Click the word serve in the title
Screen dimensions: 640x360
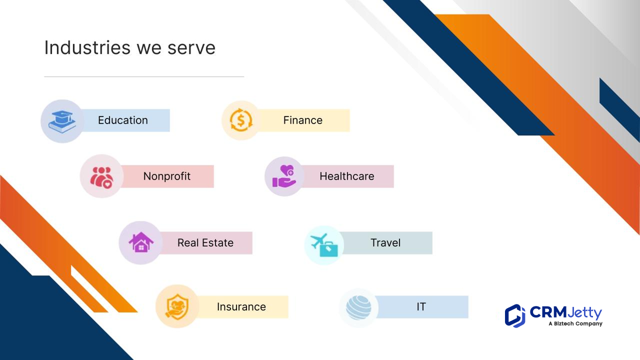tap(191, 48)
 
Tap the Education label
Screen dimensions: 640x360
tap(123, 120)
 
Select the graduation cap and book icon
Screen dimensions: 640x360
tap(62, 121)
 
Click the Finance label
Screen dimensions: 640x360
tap(303, 120)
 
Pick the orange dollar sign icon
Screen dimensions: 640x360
tap(241, 120)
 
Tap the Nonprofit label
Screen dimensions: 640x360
tap(167, 176)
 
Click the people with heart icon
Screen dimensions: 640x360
tap(101, 177)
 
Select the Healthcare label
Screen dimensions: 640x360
tap(347, 176)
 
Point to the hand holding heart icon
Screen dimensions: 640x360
tap(284, 176)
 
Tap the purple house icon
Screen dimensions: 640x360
tap(141, 242)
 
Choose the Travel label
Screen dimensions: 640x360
tap(385, 243)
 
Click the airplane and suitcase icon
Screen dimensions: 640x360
tap(324, 245)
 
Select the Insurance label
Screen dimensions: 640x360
tap(241, 307)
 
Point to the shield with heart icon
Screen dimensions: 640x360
tap(177, 307)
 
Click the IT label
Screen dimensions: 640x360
tap(421, 307)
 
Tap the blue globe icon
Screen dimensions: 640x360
tap(358, 307)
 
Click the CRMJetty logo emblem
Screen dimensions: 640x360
tap(515, 316)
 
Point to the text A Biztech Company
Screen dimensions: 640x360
tap(575, 323)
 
